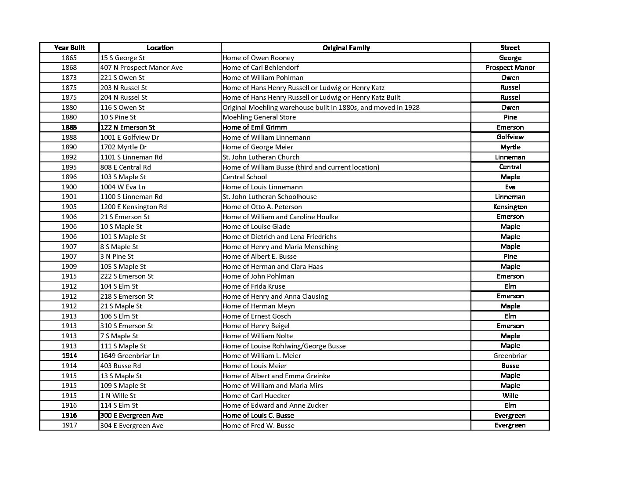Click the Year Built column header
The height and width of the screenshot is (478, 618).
69,48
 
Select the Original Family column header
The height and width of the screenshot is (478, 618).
346,48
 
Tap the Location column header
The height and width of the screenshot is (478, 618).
160,48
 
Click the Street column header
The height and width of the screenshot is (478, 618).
510,48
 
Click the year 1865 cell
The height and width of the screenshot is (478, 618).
69,58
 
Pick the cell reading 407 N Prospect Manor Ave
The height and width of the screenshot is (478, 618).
141,68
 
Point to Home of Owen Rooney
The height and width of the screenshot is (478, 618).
258,58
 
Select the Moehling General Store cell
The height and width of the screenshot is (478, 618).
259,117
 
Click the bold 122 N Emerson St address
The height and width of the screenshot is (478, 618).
128,127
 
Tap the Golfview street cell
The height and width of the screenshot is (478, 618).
510,137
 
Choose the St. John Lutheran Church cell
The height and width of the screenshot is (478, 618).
261,157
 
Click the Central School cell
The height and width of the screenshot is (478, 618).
244,177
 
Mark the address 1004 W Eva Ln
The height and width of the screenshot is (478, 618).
123,187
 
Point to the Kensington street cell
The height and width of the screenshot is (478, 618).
510,207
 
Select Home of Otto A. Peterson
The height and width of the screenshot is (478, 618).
262,207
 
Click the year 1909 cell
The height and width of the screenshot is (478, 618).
69,267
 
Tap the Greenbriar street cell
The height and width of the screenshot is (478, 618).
510,356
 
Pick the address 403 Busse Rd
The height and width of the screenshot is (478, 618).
121,366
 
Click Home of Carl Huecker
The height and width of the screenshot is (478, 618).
256,396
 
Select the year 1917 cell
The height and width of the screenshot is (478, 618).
69,426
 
